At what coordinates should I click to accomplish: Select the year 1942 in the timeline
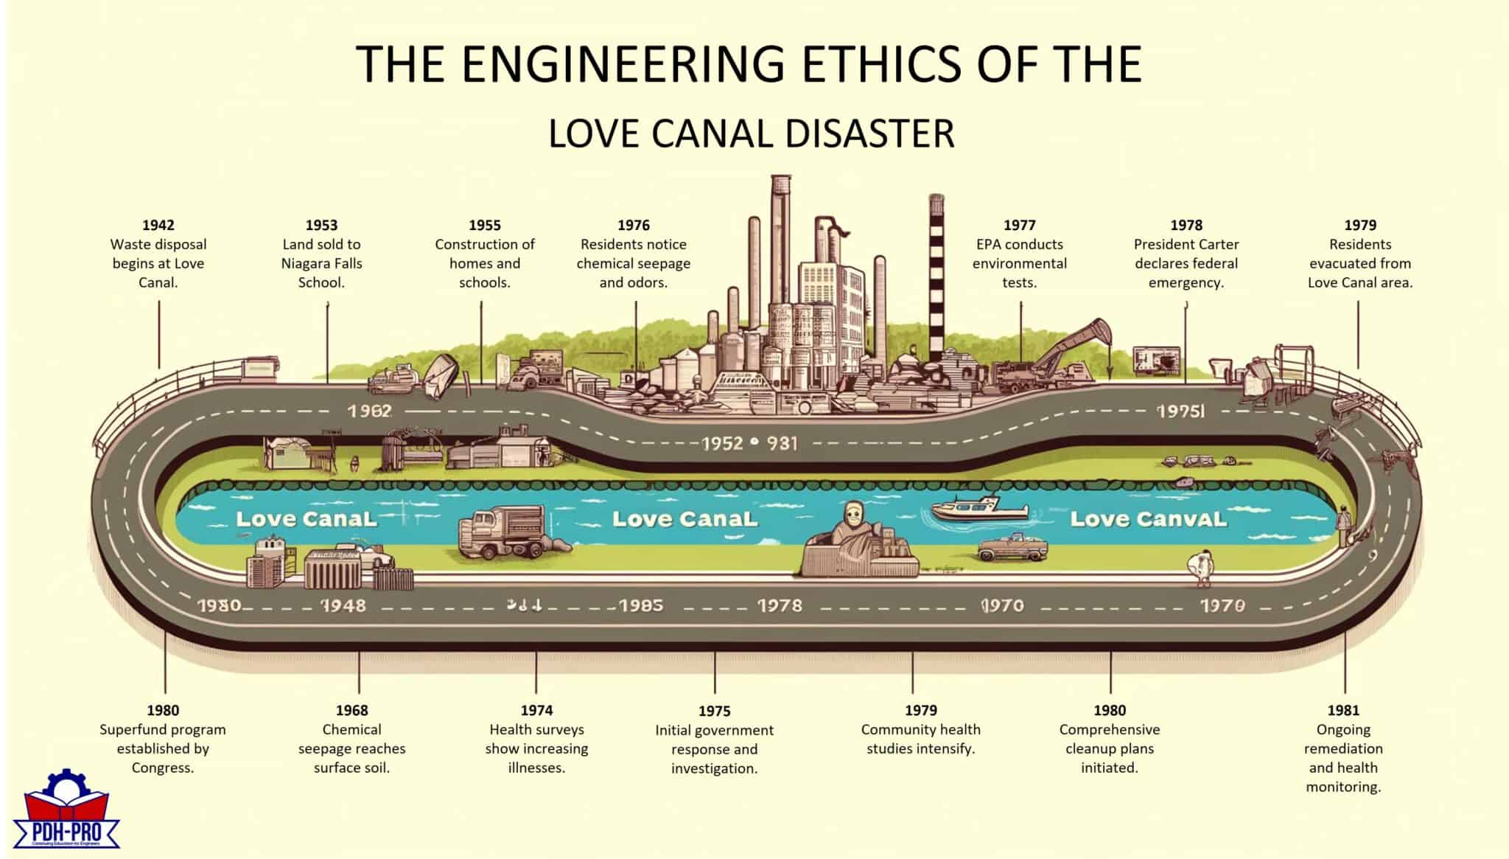158,225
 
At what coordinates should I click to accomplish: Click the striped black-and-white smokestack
936,280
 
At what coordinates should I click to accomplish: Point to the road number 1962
369,411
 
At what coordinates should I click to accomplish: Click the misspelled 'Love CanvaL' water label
1148,519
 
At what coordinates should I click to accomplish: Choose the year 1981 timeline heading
1342,710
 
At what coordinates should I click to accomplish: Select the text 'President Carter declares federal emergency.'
1186,263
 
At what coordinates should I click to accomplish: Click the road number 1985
640,605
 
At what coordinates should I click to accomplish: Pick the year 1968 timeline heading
351,710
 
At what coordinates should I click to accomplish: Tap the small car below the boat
1012,548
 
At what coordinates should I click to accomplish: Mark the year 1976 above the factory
633,225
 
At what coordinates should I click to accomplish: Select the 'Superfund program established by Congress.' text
162,748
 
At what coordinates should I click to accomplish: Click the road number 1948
343,605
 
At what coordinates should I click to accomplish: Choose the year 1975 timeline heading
714,711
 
